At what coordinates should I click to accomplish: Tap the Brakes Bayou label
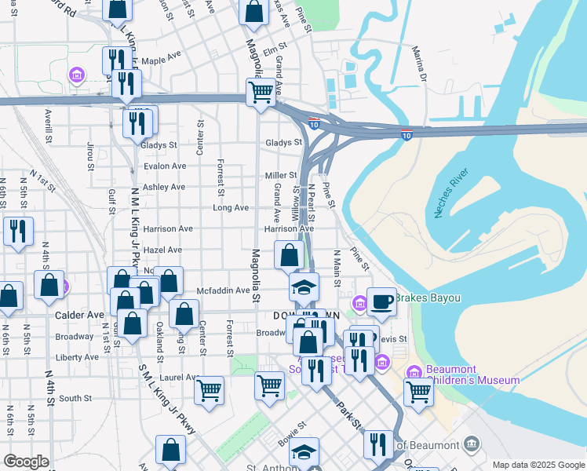coord(427,298)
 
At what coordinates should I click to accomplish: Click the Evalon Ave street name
coord(163,166)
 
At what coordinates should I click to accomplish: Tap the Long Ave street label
coord(231,208)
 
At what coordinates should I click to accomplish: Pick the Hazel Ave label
coord(162,250)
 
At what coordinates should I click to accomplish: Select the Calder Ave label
coord(80,315)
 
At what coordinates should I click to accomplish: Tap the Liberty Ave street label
coord(77,356)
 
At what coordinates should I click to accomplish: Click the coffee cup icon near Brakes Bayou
coord(381,301)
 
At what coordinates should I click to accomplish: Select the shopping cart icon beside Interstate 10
coord(261,91)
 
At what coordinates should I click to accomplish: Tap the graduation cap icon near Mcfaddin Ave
coord(304,287)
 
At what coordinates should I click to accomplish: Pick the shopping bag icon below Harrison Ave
coord(289,254)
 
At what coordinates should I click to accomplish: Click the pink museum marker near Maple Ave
coord(77,75)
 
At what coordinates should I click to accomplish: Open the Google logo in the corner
coord(26,462)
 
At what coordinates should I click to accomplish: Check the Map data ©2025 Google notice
coord(539,465)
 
